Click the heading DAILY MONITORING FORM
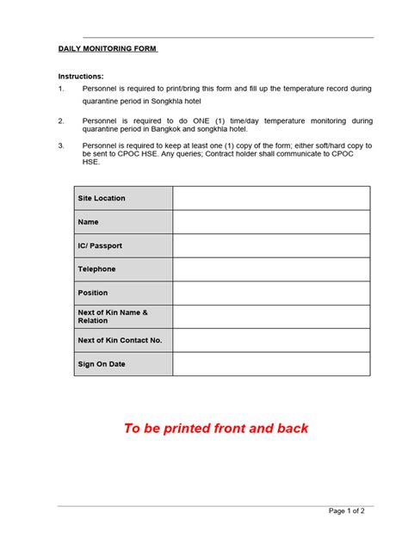[x=108, y=49]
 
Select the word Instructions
[x=80, y=76]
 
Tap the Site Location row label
[x=102, y=198]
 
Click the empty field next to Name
[x=271, y=222]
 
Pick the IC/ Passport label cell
[x=100, y=245]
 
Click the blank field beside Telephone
[x=271, y=269]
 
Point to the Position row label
[x=93, y=293]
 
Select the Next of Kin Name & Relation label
[x=113, y=316]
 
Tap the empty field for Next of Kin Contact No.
[x=271, y=340]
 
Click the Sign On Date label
[x=102, y=364]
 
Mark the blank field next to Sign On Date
[x=271, y=364]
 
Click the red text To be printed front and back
[x=215, y=428]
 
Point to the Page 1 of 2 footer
[x=352, y=511]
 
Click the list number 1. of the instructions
[x=61, y=89]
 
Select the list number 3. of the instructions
[x=61, y=145]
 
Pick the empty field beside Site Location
[x=271, y=198]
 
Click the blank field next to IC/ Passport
[x=271, y=245]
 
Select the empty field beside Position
[x=271, y=293]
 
